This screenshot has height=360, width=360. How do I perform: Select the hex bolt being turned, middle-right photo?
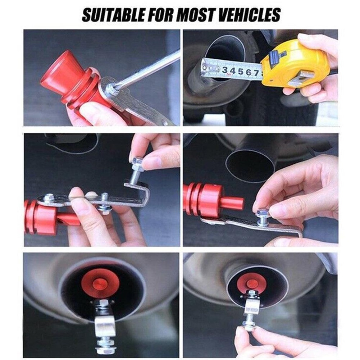[262, 215]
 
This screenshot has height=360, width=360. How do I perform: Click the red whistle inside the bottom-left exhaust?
[100, 284]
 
